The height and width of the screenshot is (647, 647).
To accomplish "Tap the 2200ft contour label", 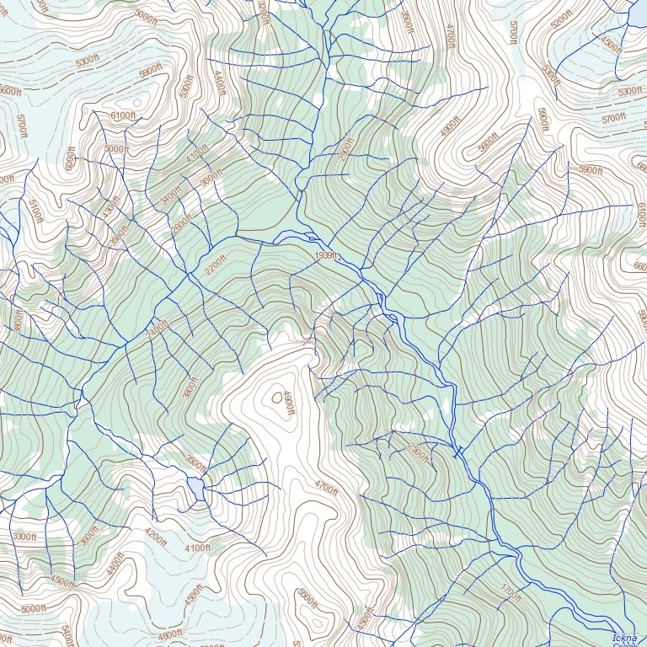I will click(x=216, y=267).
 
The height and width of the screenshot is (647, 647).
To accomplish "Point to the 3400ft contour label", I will click(x=171, y=195).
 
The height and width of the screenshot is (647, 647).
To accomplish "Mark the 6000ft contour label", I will click(x=70, y=158).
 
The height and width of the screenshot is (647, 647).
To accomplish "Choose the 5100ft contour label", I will click(x=34, y=210).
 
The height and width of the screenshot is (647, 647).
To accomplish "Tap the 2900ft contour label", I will click(x=345, y=149).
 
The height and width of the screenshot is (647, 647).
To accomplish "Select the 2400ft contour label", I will click(x=158, y=328).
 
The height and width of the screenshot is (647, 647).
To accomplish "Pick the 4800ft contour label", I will click(x=170, y=634).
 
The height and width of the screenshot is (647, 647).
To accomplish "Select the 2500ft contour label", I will click(x=419, y=453).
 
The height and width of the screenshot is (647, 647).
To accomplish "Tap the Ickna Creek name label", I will click(x=625, y=639).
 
